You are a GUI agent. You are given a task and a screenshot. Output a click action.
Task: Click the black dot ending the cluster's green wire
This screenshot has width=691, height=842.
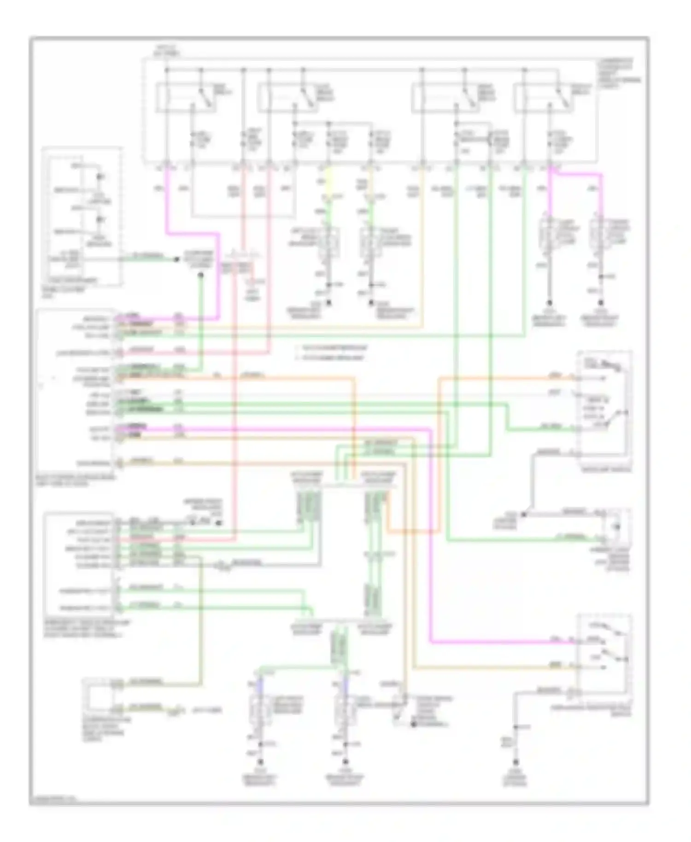point(176,259)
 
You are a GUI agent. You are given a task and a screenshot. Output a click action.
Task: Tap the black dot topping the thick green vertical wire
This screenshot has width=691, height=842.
point(200,276)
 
